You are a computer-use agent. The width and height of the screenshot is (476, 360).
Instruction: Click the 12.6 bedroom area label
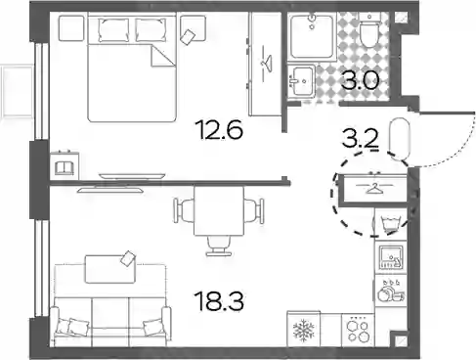tap(219, 130)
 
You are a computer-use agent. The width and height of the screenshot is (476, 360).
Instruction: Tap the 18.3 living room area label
tap(219, 300)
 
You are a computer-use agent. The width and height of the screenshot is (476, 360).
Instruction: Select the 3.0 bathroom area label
tap(361, 80)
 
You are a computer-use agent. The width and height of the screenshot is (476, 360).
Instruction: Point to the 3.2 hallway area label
tap(361, 139)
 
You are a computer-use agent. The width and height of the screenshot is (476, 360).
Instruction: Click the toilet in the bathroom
tap(368, 31)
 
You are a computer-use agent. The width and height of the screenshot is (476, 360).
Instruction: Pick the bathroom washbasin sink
tap(301, 81)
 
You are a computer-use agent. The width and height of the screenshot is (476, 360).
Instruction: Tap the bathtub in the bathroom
tap(313, 36)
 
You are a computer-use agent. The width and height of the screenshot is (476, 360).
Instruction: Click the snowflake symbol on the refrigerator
tap(304, 330)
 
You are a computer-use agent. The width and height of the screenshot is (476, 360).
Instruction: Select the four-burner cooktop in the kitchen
tap(358, 330)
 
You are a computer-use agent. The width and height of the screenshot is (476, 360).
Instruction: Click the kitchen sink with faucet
tap(391, 257)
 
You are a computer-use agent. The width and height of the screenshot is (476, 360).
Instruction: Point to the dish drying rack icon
tap(390, 291)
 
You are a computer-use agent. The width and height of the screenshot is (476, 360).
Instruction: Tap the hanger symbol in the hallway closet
tap(373, 189)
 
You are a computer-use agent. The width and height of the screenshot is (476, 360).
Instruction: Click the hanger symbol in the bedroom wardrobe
tap(267, 63)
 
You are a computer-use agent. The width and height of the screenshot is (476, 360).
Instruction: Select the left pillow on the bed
tap(112, 29)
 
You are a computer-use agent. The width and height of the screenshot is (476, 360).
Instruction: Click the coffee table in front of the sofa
tap(110, 269)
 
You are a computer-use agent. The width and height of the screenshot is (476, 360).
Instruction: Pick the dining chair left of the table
tap(185, 211)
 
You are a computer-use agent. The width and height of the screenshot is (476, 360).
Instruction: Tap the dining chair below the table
tap(219, 247)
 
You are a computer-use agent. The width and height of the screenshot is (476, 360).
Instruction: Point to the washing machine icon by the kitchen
tap(390, 224)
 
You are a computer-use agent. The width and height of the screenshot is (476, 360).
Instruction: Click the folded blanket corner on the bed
tap(162, 56)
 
